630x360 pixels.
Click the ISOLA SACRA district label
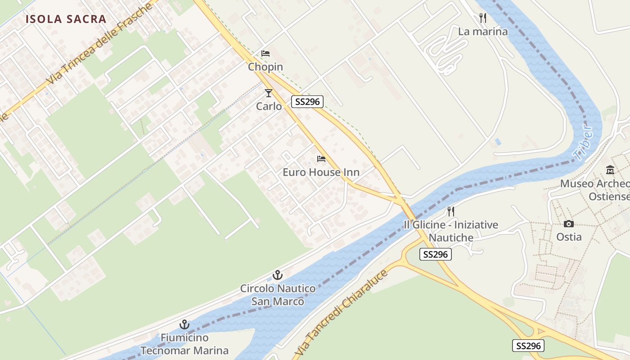click(66, 19)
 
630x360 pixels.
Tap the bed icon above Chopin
click(265, 54)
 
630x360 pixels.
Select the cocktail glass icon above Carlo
click(269, 93)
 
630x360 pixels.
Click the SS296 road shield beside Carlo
click(307, 102)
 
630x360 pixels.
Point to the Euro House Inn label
click(321, 172)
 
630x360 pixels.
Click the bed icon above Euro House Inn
click(321, 159)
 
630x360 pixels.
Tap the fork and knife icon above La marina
click(483, 18)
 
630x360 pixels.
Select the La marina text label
click(483, 31)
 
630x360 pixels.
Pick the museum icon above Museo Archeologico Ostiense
click(610, 170)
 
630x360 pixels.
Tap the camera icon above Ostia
click(569, 224)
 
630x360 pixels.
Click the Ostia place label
click(569, 237)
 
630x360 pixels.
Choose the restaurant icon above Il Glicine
click(450, 211)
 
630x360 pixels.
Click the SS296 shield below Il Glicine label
click(435, 254)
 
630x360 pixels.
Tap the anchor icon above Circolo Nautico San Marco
click(278, 274)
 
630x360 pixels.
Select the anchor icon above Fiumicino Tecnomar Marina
click(184, 324)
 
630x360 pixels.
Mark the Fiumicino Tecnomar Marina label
click(184, 344)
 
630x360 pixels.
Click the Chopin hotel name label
click(265, 67)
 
